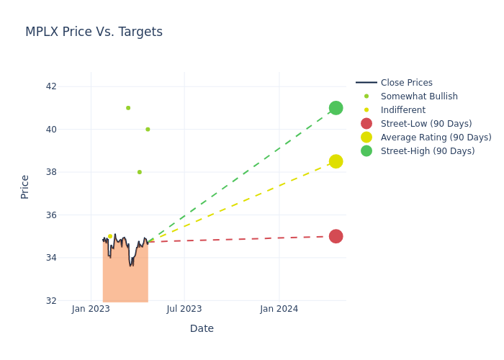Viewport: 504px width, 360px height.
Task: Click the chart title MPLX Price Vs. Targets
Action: [x=94, y=32]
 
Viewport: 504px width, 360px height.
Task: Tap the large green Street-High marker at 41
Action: [x=336, y=108]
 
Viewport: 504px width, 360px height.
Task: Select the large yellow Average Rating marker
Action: [x=336, y=161]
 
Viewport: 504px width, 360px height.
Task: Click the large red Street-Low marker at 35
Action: [x=336, y=236]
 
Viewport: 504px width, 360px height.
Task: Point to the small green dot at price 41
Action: [x=128, y=108]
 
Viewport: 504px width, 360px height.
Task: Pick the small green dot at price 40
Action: [x=148, y=130]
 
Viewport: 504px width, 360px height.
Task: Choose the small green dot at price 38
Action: [x=140, y=172]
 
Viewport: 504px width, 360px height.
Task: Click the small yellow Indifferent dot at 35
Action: [x=110, y=236]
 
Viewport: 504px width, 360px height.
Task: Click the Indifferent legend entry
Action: [x=402, y=110]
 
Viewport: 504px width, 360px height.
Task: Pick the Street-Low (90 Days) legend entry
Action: [x=426, y=124]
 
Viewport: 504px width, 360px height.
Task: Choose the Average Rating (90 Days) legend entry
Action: [x=436, y=138]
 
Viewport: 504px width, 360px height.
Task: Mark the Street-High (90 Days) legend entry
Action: [x=427, y=151]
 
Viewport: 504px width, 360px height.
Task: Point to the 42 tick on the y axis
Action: [x=50, y=86]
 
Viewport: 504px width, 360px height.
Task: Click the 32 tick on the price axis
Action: [x=50, y=301]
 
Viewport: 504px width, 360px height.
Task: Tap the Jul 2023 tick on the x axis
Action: [x=184, y=310]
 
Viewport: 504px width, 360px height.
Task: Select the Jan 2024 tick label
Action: [x=279, y=310]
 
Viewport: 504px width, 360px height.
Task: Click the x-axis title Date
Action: [x=202, y=328]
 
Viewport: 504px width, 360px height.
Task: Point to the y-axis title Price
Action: [x=25, y=186]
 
